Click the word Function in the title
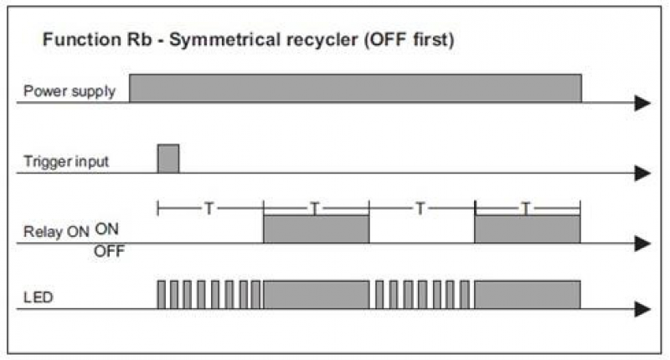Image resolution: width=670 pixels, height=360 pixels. pyautogui.click(x=82, y=39)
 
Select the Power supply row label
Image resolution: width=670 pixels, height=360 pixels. pyautogui.click(x=70, y=91)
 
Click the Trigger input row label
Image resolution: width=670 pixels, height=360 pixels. pyautogui.click(x=66, y=162)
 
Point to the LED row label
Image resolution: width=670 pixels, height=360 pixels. pyautogui.click(x=39, y=297)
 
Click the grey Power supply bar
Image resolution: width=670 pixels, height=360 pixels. pyautogui.click(x=355, y=89)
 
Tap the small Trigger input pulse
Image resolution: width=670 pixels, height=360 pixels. pyautogui.click(x=168, y=159)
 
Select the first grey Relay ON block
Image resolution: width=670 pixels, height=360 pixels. pyautogui.click(x=317, y=229)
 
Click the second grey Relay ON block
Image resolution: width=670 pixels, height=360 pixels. pyautogui.click(x=528, y=229)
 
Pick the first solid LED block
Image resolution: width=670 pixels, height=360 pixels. pyautogui.click(x=317, y=295)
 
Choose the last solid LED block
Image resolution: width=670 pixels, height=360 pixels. pyautogui.click(x=528, y=295)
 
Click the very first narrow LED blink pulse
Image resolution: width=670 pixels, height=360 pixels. pyautogui.click(x=161, y=295)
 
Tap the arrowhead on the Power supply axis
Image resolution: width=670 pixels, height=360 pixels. pyautogui.click(x=642, y=103)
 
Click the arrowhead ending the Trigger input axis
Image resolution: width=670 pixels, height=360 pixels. pyautogui.click(x=642, y=173)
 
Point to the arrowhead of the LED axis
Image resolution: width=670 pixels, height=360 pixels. pyautogui.click(x=642, y=309)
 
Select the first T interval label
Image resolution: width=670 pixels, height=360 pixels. pyautogui.click(x=209, y=208)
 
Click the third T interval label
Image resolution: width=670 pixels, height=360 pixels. pyautogui.click(x=420, y=208)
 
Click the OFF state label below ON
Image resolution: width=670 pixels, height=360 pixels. pyautogui.click(x=110, y=251)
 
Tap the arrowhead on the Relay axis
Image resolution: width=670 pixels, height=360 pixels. pyautogui.click(x=642, y=244)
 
